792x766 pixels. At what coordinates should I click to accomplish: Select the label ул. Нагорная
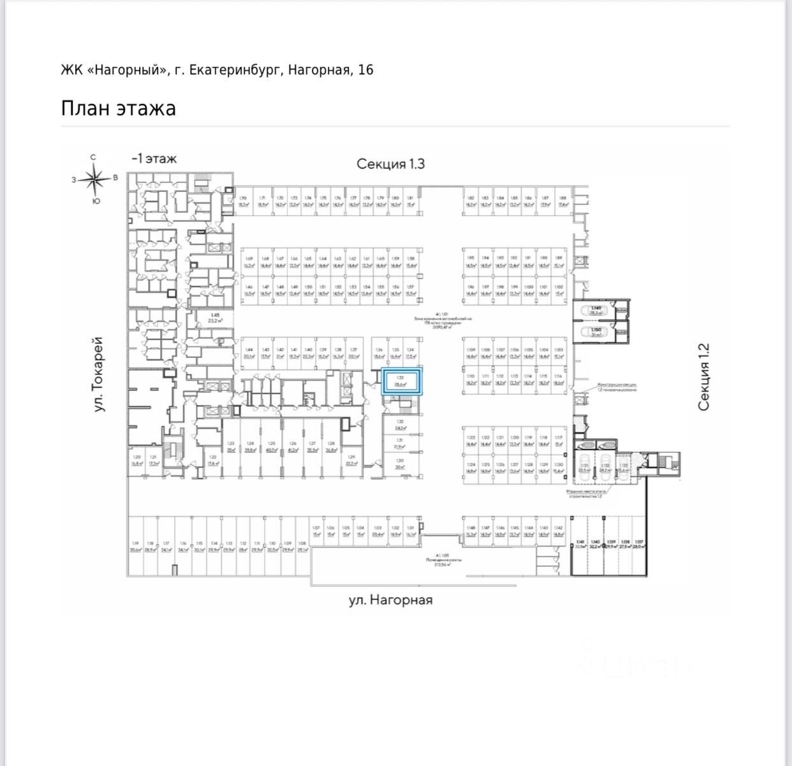point(390,600)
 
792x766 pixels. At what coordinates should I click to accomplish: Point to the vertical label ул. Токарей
point(99,374)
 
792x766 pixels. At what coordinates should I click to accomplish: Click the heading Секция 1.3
point(390,164)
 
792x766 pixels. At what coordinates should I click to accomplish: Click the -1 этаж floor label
point(154,159)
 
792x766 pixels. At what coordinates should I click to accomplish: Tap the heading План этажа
point(118,108)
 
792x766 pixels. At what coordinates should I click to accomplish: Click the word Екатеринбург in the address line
point(232,70)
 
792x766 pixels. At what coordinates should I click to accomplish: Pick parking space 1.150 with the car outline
point(596,332)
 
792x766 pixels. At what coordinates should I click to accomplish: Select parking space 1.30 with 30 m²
point(400,464)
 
